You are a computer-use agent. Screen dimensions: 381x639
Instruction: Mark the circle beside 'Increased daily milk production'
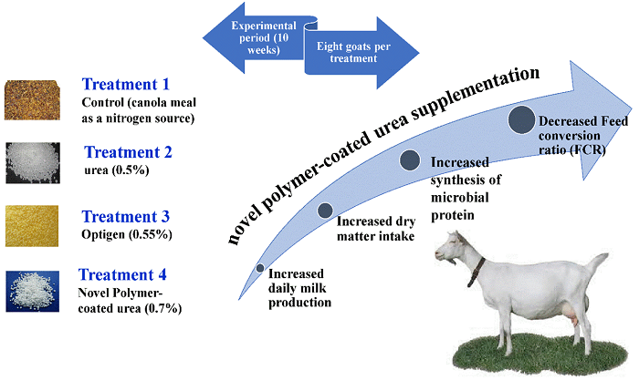click(x=261, y=269)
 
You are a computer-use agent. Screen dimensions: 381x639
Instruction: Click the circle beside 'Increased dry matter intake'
click(x=324, y=211)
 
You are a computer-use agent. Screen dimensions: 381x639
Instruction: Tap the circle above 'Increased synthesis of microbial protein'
click(x=412, y=160)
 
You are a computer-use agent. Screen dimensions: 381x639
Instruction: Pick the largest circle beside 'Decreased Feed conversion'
click(x=521, y=118)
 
